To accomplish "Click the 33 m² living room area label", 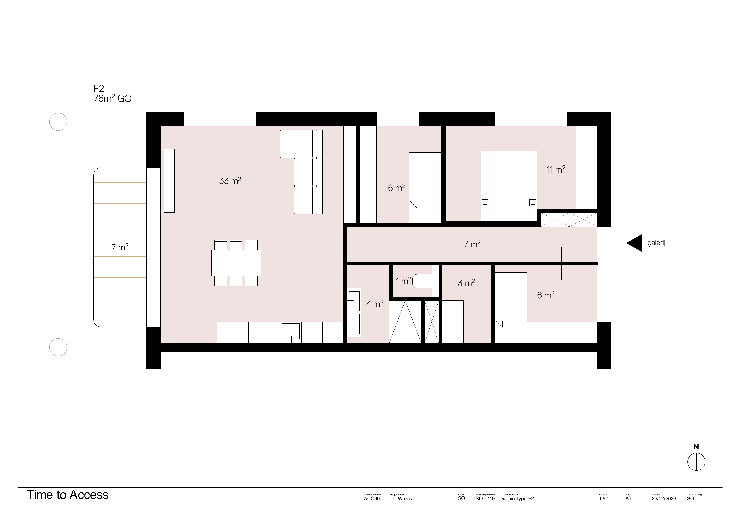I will [x=230, y=180].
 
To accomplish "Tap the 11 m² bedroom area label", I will [x=556, y=169].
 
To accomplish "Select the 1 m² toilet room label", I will [x=403, y=281].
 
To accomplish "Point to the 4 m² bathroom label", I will [x=374, y=304].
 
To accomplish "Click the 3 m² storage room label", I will [x=466, y=283].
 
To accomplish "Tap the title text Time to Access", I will [x=67, y=495].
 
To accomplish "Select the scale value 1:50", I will [x=603, y=498].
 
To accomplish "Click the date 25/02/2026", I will [x=664, y=498].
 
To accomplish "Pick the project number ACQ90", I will [x=372, y=498].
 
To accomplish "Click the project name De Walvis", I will [x=401, y=498].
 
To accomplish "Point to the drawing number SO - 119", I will [x=485, y=498].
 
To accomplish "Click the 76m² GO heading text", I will [x=112, y=99].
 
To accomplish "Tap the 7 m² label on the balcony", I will [x=120, y=247].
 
